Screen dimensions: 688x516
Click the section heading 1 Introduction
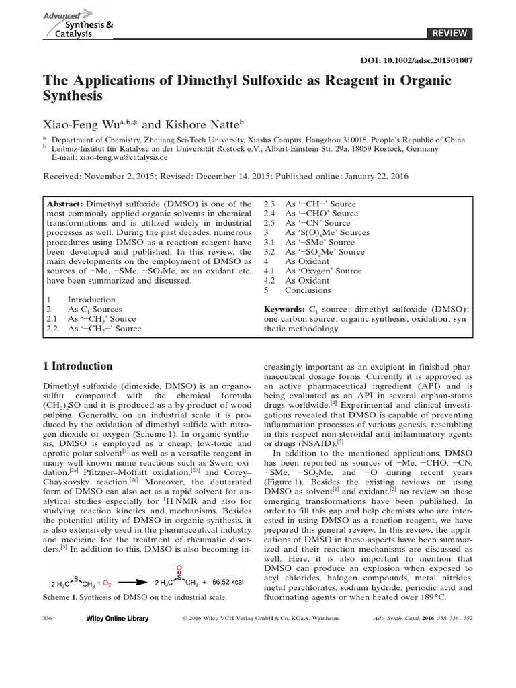78,366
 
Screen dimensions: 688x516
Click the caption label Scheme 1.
62,597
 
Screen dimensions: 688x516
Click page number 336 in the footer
48,618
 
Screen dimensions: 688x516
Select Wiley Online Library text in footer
116,618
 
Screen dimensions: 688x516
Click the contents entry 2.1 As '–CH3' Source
104,319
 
